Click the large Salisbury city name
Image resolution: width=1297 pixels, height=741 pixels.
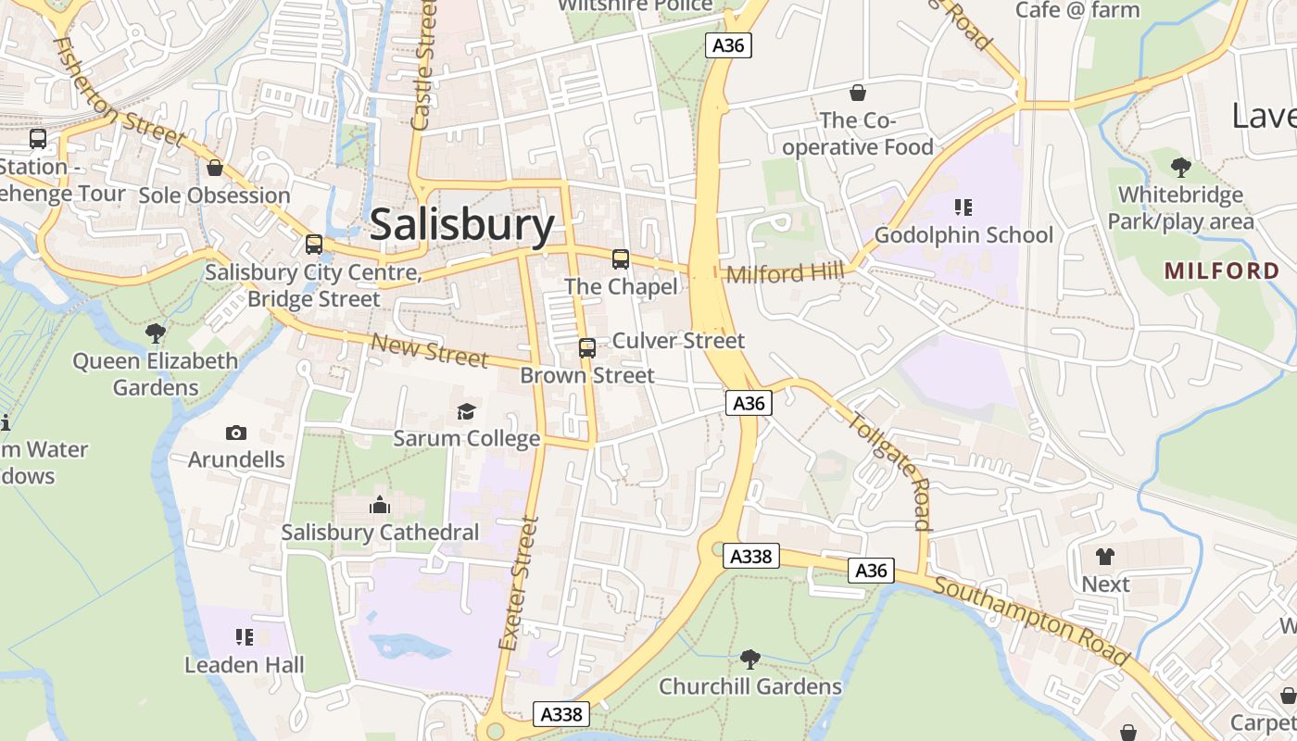[x=461, y=226]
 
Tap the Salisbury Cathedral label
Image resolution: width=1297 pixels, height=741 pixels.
[x=380, y=533]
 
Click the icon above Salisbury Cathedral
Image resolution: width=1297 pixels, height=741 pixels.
[x=379, y=506]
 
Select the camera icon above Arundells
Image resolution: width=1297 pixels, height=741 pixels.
[x=236, y=433]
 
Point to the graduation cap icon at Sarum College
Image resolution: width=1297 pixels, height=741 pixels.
[x=466, y=411]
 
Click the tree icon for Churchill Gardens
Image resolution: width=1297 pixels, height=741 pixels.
[x=749, y=659]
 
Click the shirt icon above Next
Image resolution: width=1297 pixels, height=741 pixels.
[x=1105, y=557]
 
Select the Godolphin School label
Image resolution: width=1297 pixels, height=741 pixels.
[x=963, y=235]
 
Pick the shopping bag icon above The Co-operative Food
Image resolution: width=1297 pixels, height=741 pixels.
[x=858, y=93]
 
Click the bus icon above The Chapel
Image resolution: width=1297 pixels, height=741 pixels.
[x=621, y=259]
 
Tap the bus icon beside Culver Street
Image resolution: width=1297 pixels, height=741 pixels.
[x=587, y=348]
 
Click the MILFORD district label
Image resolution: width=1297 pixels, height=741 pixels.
[x=1222, y=270]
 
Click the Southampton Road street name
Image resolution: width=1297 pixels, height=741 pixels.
[x=1031, y=621]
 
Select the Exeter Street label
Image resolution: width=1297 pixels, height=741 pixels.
[x=518, y=584]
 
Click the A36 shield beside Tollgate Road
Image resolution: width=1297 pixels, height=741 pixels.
[x=749, y=403]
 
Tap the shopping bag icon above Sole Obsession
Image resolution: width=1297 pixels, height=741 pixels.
[x=215, y=168]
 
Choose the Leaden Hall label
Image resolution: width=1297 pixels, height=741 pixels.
[x=244, y=665]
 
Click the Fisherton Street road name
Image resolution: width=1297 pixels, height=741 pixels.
[x=119, y=93]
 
